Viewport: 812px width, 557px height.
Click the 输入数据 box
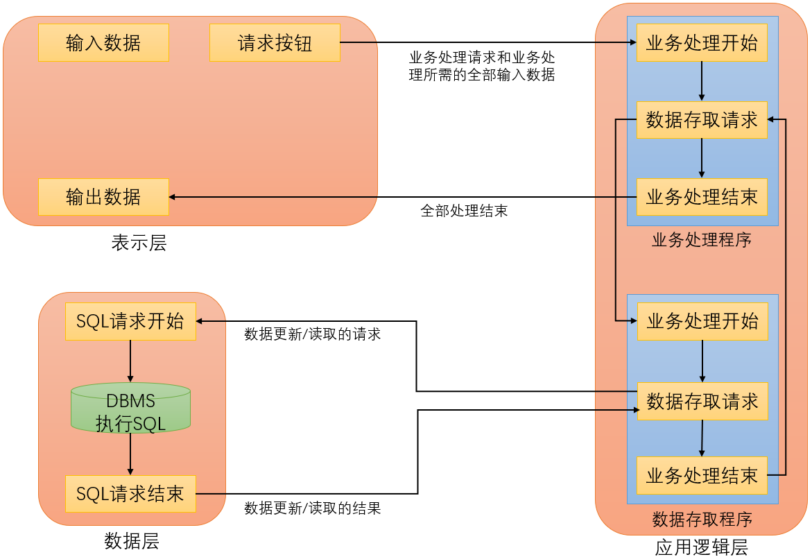[x=103, y=43]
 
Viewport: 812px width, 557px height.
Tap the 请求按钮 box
[x=275, y=43]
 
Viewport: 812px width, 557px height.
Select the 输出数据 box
[x=103, y=197]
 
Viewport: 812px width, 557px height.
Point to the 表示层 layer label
[x=139, y=243]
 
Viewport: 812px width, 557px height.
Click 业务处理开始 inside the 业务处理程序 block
[x=702, y=43]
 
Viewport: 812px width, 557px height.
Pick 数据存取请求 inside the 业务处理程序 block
[x=702, y=120]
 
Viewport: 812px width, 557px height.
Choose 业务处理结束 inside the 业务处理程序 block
[x=702, y=197]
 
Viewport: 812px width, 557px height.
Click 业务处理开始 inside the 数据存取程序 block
[x=702, y=321]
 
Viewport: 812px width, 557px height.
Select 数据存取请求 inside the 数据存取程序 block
[x=702, y=401]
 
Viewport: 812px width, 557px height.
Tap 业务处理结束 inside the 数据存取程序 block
[x=702, y=475]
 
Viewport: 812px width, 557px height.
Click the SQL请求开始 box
[x=130, y=321]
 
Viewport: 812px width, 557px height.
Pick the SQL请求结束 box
[x=130, y=494]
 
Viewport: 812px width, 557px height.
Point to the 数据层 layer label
[x=132, y=541]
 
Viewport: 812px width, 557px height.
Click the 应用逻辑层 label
[x=701, y=547]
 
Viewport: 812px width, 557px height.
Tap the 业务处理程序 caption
[x=701, y=240]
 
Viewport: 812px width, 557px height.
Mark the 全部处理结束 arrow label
[x=464, y=211]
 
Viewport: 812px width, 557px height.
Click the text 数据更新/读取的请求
[x=312, y=334]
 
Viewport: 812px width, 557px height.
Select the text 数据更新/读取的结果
[x=312, y=508]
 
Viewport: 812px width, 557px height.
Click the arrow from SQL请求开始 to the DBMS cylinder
[x=130, y=361]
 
